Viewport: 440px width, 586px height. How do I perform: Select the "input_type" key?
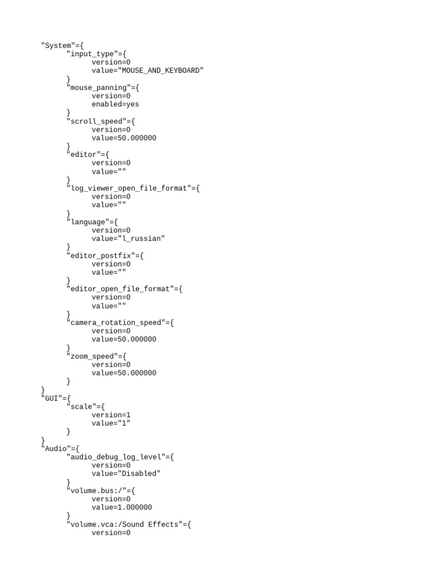click(92, 54)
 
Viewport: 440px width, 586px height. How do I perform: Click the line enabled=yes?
click(115, 104)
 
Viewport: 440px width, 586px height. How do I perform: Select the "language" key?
click(88, 222)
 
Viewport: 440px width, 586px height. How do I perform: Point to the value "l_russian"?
click(141, 239)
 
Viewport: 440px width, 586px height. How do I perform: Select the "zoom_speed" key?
click(92, 357)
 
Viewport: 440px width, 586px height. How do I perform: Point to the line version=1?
click(111, 415)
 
